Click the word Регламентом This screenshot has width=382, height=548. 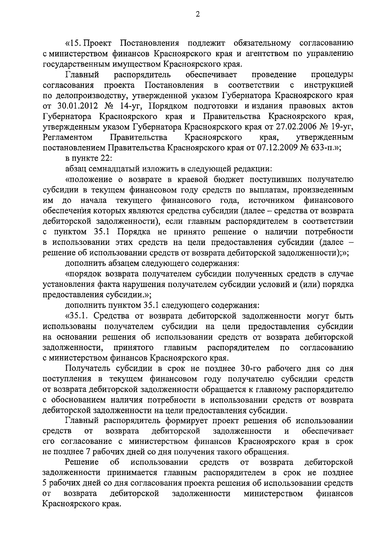[67, 137]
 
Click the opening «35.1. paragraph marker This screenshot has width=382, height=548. [77, 316]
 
